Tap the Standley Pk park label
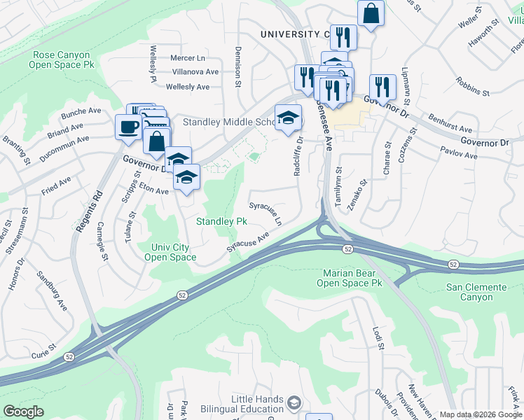tap(221, 221)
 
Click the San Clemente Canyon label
tap(476, 293)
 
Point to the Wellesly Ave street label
tap(188, 87)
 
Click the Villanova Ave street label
tap(195, 72)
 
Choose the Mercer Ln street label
tap(188, 58)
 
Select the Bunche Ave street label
tap(81, 111)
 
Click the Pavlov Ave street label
tap(459, 152)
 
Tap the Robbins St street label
tap(471, 86)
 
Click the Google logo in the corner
tap(24, 411)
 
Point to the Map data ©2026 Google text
tap(480, 414)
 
